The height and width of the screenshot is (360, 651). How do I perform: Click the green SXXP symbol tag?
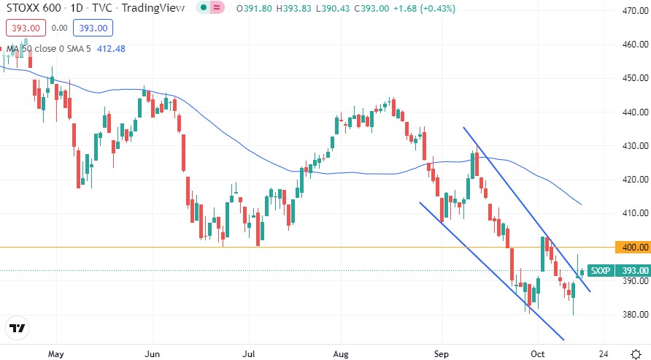click(600, 270)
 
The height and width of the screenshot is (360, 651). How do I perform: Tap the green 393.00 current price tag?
click(631, 270)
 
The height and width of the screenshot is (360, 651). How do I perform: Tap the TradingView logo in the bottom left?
click(18, 329)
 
